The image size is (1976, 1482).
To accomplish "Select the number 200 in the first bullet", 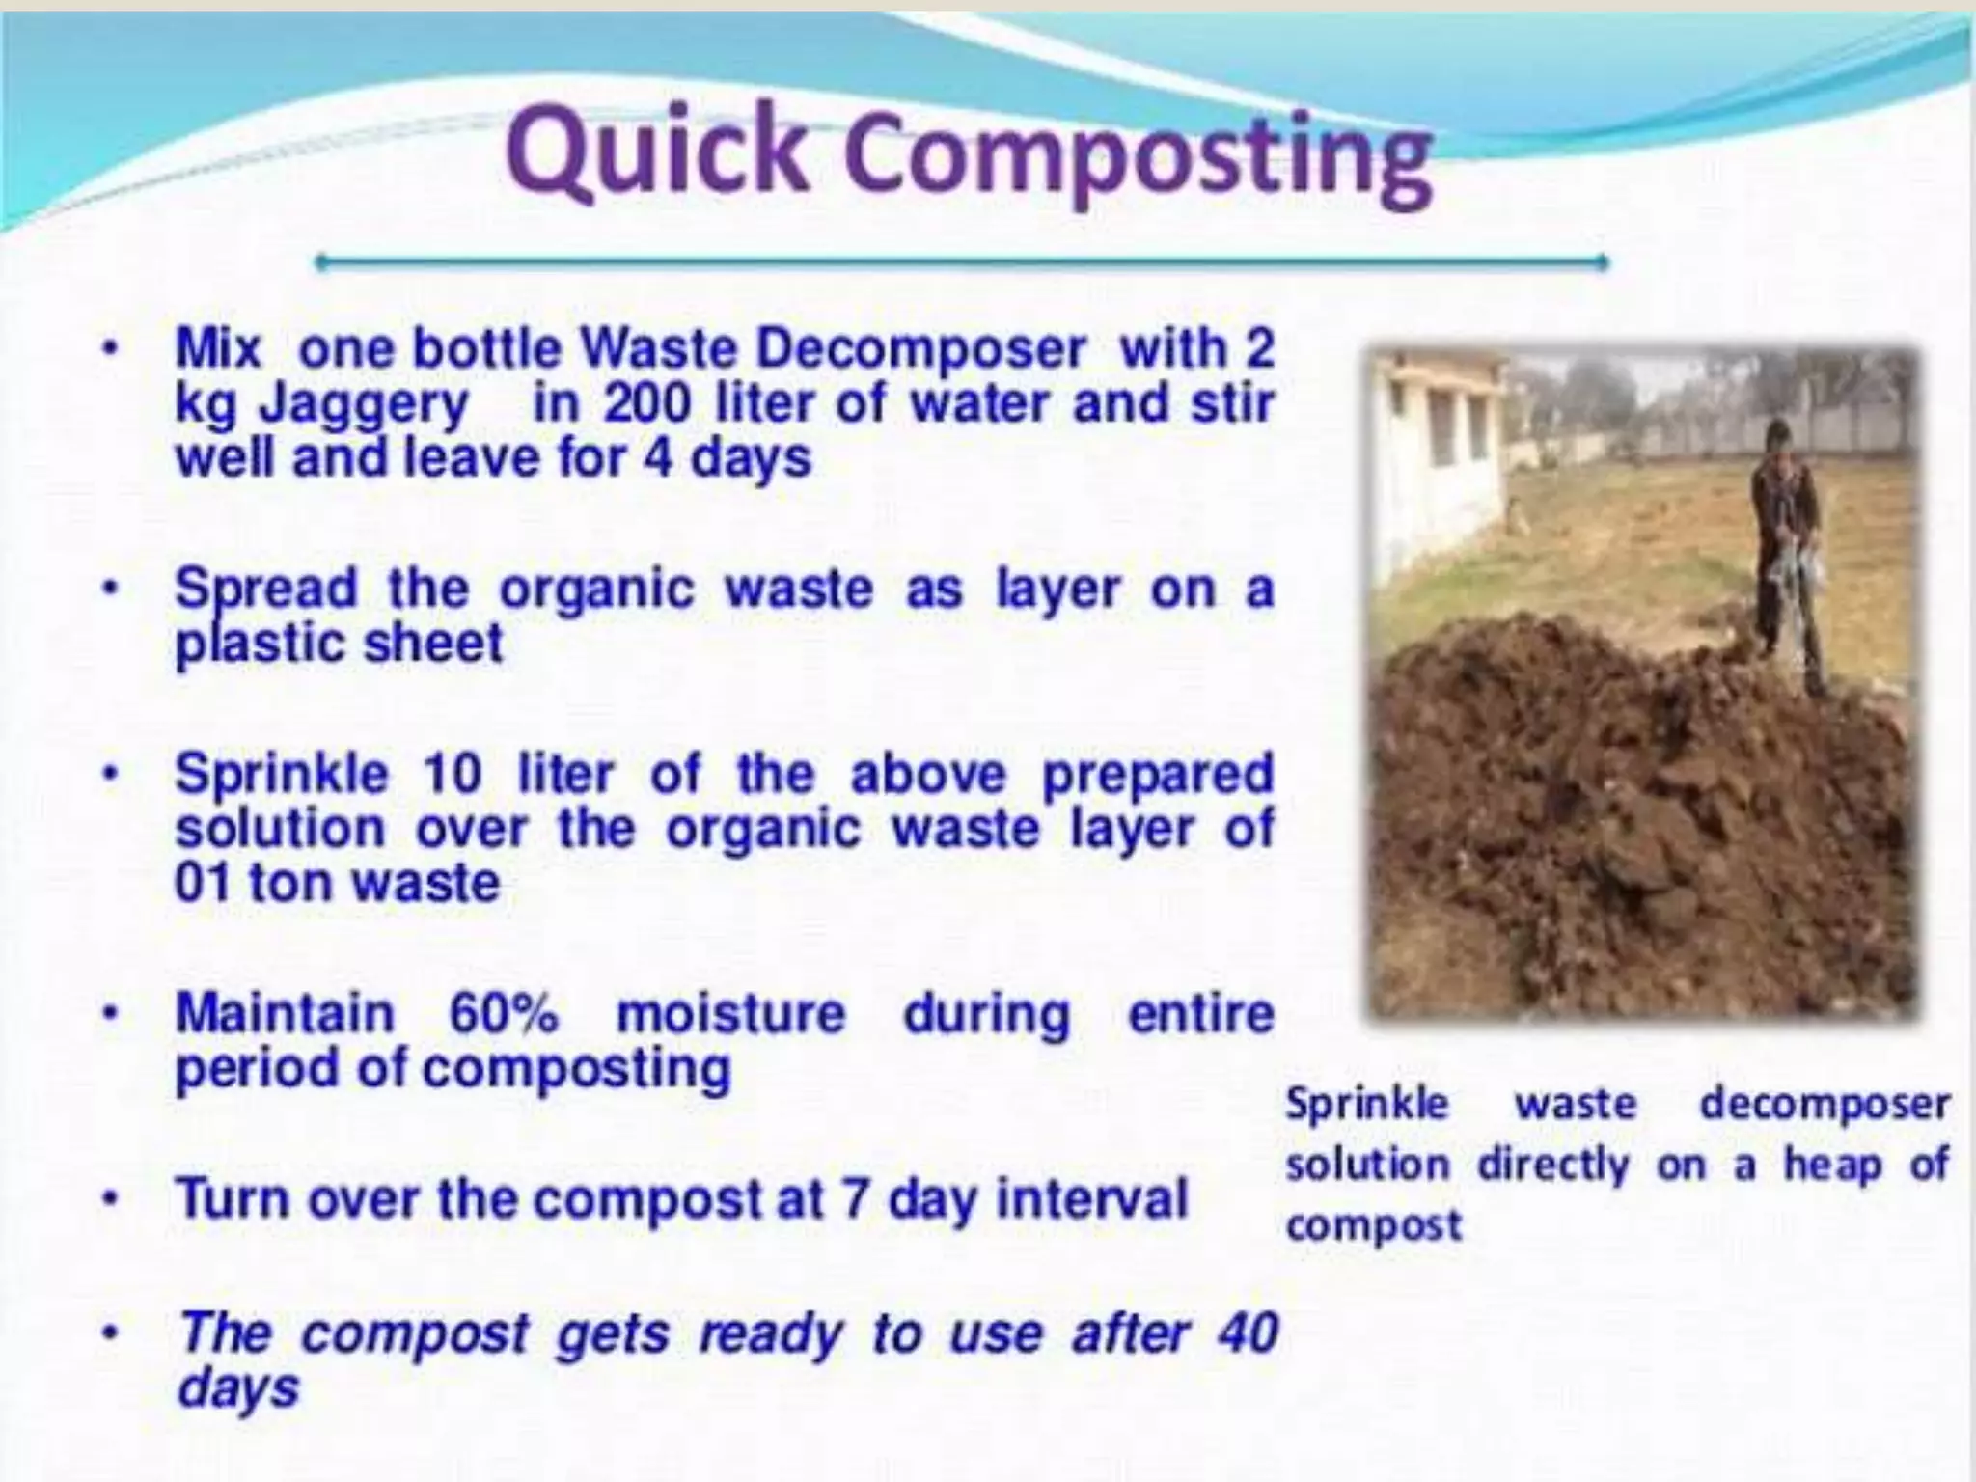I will (x=647, y=403).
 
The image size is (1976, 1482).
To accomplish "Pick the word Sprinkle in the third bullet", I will (x=282, y=774).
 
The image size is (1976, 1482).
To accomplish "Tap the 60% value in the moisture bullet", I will (x=504, y=1013).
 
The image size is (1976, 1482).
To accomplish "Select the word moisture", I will (x=730, y=1013).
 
